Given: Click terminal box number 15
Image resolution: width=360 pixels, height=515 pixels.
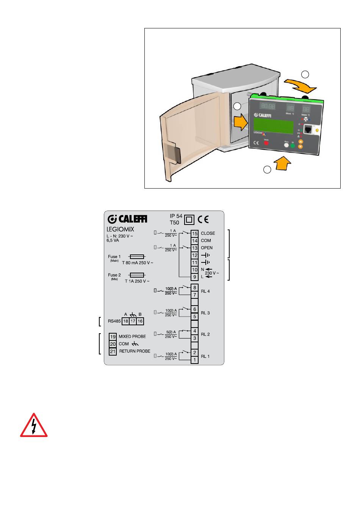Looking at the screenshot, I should tap(194, 233).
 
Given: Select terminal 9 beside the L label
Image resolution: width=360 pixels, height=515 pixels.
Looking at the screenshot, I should tap(194, 277).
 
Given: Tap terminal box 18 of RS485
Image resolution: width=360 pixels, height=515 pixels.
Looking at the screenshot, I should tap(125, 321).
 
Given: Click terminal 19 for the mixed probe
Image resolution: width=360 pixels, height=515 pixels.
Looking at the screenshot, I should tap(113, 337).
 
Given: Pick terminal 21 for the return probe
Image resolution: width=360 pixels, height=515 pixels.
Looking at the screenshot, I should tap(113, 351).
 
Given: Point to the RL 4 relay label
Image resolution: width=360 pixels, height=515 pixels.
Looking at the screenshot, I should tap(205, 291).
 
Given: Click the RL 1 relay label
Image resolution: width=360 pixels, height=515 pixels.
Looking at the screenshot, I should tap(205, 356).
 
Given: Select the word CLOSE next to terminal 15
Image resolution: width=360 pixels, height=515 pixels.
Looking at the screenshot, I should tap(208, 233).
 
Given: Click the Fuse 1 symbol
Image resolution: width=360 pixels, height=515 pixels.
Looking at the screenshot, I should tap(136, 257).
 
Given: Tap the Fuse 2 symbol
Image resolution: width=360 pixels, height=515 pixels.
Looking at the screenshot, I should tap(136, 275).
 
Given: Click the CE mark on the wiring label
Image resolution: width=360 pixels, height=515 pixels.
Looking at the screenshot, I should tap(203, 220).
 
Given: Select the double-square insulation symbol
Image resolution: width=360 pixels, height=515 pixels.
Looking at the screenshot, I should tap(189, 220).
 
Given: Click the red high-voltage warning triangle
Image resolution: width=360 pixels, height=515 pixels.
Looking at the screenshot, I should tap(34, 426).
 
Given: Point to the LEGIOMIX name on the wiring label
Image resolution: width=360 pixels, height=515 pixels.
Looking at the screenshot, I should tap(121, 229).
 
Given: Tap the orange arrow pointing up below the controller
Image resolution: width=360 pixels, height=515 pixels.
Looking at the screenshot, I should tap(282, 164).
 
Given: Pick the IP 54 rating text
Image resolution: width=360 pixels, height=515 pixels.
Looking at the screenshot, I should tap(176, 216).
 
